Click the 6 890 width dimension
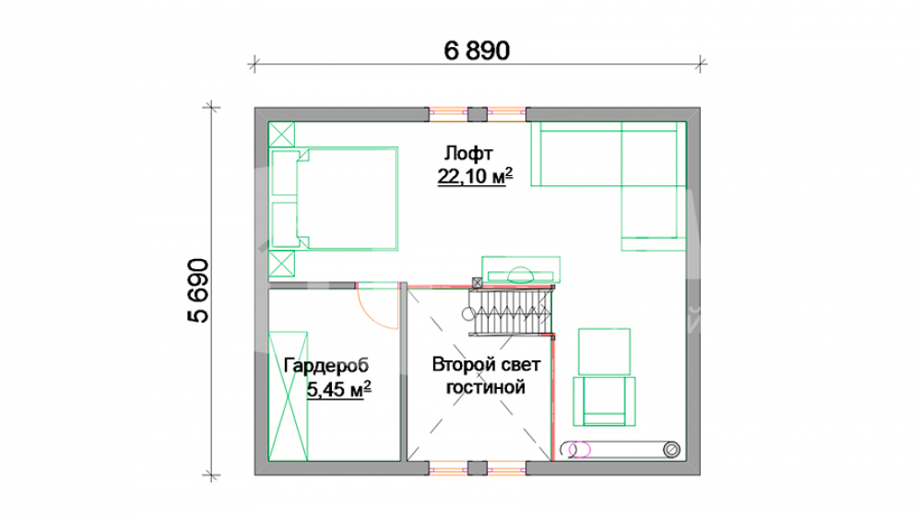point(477,51)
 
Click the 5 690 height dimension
point(198,290)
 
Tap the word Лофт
point(468,153)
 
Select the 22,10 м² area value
point(475,176)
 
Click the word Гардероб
point(325,366)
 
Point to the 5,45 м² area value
point(338,389)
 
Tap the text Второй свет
point(486,365)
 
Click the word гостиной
point(486,387)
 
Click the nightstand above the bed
point(281,134)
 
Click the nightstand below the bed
point(281,264)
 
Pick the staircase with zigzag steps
point(511,312)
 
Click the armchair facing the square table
point(605,401)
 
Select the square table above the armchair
point(605,351)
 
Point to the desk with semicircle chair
point(521,270)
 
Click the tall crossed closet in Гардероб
point(288,395)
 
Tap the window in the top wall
point(477,114)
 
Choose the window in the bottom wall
point(477,468)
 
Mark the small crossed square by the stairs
point(478,283)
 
